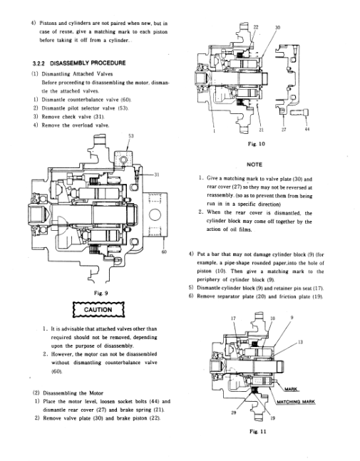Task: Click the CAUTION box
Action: click(98, 309)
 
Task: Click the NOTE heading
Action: click(254, 165)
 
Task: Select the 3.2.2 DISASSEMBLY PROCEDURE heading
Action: click(79, 63)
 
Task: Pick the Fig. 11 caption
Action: click(257, 431)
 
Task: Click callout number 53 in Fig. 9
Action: click(131, 136)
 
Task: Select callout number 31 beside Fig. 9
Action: click(157, 175)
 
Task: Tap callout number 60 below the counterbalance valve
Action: click(164, 252)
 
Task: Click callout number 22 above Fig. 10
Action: click(256, 27)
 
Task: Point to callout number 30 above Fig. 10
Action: click(277, 27)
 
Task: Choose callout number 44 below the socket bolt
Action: click(307, 129)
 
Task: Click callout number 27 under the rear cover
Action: click(284, 129)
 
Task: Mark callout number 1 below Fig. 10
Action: click(214, 130)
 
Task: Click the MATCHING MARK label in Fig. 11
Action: click(296, 402)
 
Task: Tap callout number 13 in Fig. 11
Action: click(300, 342)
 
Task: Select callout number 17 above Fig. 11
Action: click(233, 318)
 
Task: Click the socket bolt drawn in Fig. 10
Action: click(299, 112)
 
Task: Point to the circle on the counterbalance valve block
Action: click(155, 214)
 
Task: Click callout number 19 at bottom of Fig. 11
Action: click(272, 418)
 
